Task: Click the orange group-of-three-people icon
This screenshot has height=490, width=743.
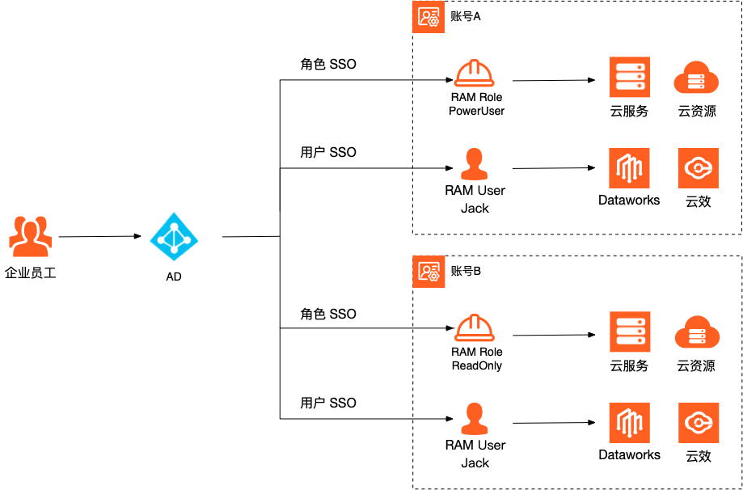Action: click(x=31, y=236)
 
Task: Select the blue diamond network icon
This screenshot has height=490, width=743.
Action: click(x=174, y=237)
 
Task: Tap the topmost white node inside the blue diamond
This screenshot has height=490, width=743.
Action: click(x=174, y=225)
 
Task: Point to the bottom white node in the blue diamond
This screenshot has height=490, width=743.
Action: click(x=174, y=250)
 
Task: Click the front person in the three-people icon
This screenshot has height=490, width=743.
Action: click(x=31, y=240)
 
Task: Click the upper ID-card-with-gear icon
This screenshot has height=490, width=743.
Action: click(x=428, y=17)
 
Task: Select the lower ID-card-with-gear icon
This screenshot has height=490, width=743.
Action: click(x=428, y=272)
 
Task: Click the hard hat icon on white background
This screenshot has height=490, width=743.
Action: click(x=474, y=73)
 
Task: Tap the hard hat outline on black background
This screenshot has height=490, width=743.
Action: click(x=474, y=327)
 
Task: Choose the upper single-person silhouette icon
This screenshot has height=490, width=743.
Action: click(x=474, y=167)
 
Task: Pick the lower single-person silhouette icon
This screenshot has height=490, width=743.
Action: click(x=474, y=418)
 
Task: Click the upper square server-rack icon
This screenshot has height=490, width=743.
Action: click(x=630, y=77)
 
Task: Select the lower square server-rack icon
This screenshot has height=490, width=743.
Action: click(x=630, y=332)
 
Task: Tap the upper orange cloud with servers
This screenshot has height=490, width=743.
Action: click(x=696, y=78)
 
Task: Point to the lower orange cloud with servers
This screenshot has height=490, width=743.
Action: click(x=697, y=332)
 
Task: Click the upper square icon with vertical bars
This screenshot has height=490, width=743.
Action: click(x=629, y=168)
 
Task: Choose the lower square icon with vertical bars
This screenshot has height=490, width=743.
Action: click(x=629, y=423)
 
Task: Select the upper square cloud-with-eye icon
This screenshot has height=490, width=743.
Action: click(x=698, y=168)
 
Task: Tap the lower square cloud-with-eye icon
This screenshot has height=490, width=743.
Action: click(x=699, y=423)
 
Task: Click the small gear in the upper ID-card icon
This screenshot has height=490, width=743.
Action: click(x=433, y=22)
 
